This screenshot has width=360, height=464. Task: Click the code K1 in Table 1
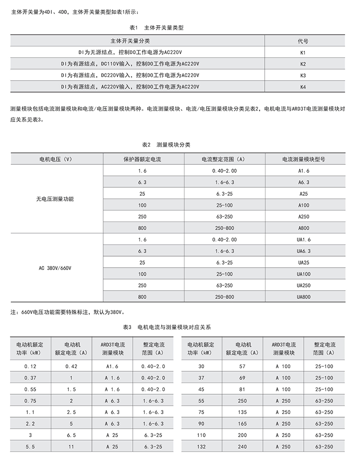pyautogui.click(x=303, y=52)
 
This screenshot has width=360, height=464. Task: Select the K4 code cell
pyautogui.click(x=303, y=86)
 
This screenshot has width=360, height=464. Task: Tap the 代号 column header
pyautogui.click(x=303, y=41)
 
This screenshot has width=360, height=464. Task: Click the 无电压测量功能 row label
pyautogui.click(x=55, y=198)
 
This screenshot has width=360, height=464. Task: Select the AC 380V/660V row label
pyautogui.click(x=55, y=268)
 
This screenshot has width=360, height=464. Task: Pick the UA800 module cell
pyautogui.click(x=304, y=297)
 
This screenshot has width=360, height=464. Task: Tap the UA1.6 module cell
pyautogui.click(x=304, y=239)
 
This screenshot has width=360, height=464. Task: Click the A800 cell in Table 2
pyautogui.click(x=304, y=228)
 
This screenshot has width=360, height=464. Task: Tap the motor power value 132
pyautogui.click(x=201, y=446)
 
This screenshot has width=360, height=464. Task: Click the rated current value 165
pyautogui.click(x=242, y=423)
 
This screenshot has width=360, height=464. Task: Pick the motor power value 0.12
pyautogui.click(x=30, y=366)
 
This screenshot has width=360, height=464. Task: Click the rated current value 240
pyautogui.click(x=242, y=446)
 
